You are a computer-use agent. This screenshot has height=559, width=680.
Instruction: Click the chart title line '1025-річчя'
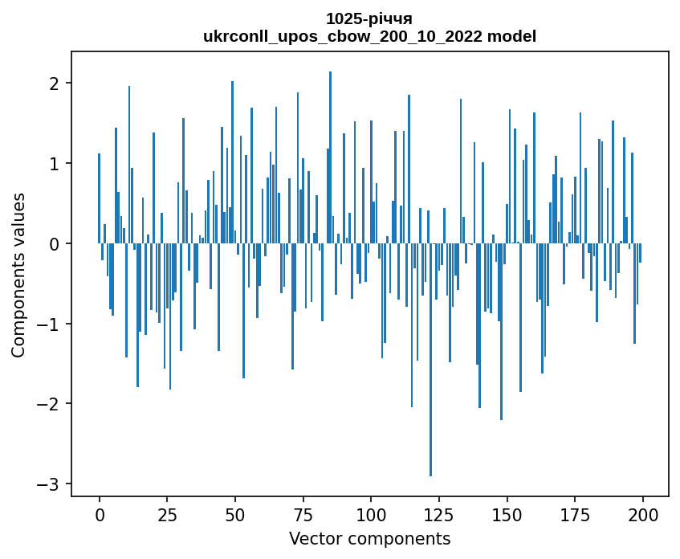coord(369,18)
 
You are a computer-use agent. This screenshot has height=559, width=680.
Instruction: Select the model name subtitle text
coord(369,36)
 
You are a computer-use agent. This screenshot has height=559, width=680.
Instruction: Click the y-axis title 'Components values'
coord(18,275)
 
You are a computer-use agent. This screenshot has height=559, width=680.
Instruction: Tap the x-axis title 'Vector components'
coord(369,538)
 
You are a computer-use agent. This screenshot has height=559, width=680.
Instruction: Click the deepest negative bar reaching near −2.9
coord(431,361)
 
